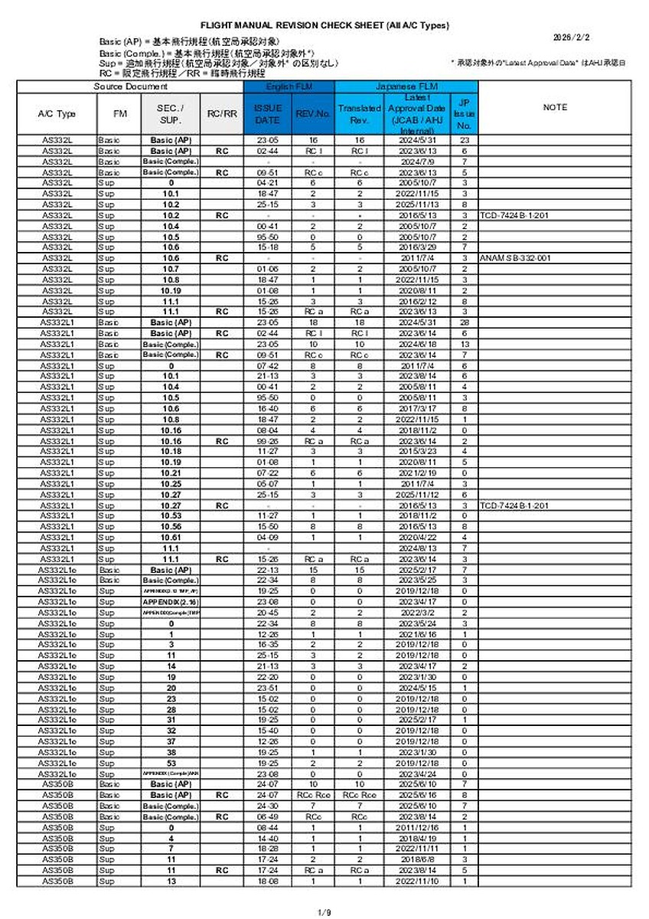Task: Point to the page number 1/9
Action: coord(324,911)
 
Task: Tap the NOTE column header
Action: coord(555,108)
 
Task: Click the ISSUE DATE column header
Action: coord(267,115)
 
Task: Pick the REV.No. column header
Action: coord(312,115)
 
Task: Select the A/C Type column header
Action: coord(57,114)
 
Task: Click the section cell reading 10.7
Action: coord(171,269)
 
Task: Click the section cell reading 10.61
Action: coord(171,538)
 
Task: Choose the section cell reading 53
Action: coord(171,763)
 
